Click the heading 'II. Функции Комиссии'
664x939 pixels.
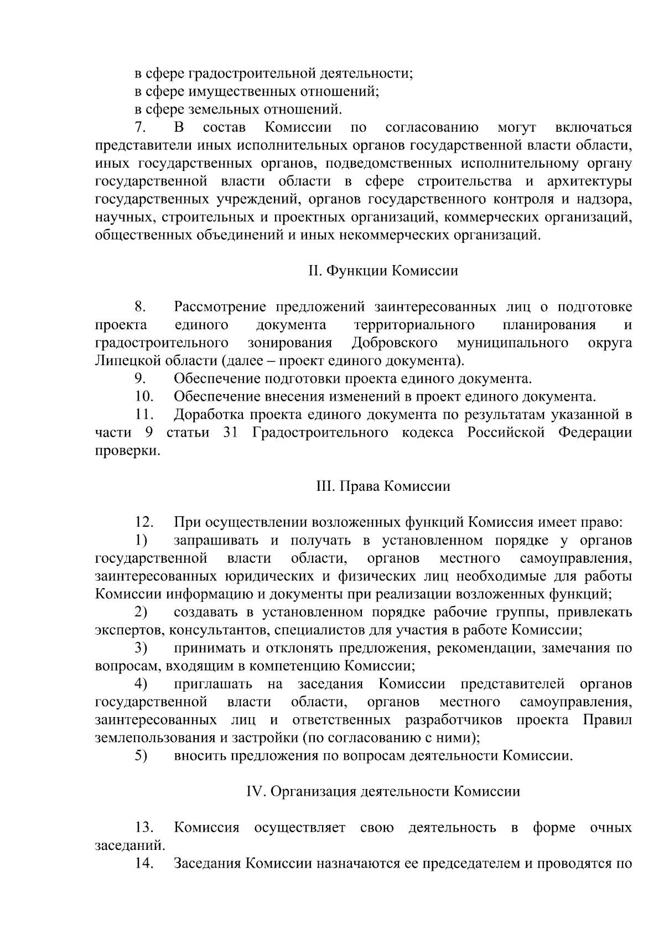tap(383, 271)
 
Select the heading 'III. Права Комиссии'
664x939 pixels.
tap(383, 486)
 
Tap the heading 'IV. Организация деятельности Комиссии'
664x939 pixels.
tap(383, 792)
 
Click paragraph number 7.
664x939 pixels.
tap(141, 128)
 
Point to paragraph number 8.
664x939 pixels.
tap(141, 307)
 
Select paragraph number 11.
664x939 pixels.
tap(144, 415)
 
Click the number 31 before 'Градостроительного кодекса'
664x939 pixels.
tap(230, 433)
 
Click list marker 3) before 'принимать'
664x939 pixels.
tap(141, 648)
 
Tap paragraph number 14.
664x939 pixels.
tap(144, 864)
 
